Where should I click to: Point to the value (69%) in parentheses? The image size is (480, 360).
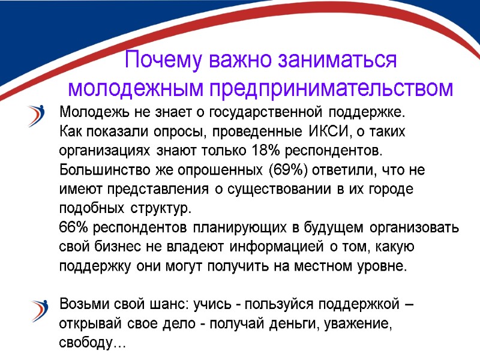pyautogui.click(x=290, y=170)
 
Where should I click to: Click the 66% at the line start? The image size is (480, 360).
pyautogui.click(x=71, y=228)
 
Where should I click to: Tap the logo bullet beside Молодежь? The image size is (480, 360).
pyautogui.click(x=38, y=115)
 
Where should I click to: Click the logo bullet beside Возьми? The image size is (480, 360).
pyautogui.click(x=38, y=310)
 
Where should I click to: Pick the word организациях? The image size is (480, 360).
pyautogui.click(x=106, y=149)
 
